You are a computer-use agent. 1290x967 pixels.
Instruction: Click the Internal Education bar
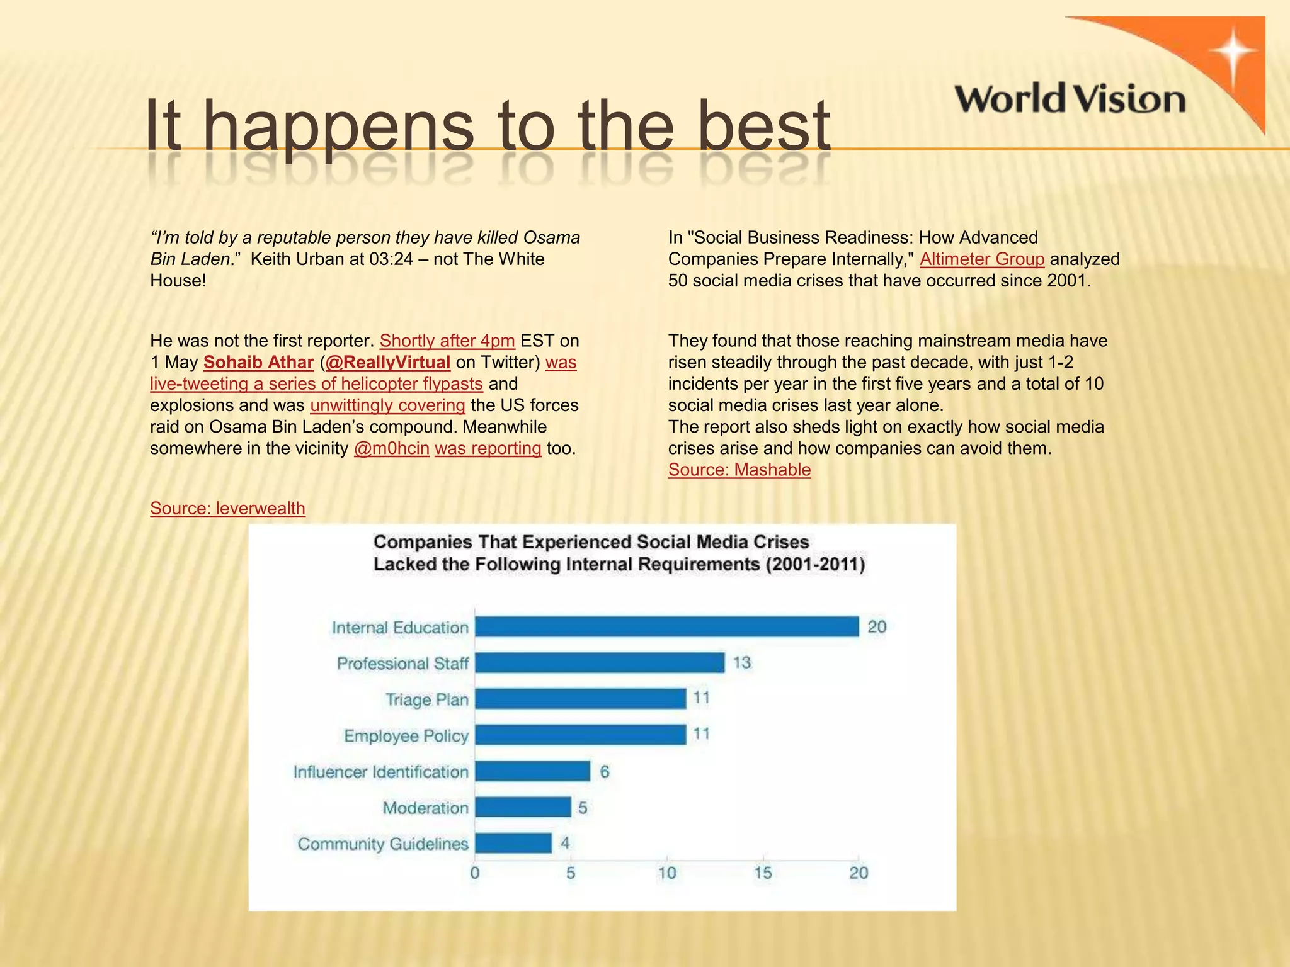(x=666, y=627)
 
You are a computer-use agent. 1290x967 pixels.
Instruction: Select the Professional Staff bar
(x=600, y=663)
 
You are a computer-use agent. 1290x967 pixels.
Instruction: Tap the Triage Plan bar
(x=580, y=699)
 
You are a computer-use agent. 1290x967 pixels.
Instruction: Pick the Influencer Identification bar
(x=532, y=771)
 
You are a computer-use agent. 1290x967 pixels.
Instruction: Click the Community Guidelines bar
(x=513, y=844)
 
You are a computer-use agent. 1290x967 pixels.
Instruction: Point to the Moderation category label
(x=426, y=808)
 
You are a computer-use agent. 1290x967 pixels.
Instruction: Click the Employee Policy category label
(x=406, y=736)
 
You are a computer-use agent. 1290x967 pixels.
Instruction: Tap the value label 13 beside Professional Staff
(x=741, y=663)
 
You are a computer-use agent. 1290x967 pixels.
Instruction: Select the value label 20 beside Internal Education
(x=877, y=627)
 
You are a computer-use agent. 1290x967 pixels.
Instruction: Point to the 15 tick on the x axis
(x=763, y=873)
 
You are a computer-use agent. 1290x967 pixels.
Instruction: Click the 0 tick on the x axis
(x=475, y=873)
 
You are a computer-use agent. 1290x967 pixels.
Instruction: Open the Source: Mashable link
(x=739, y=470)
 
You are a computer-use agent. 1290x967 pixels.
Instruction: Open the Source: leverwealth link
(x=227, y=508)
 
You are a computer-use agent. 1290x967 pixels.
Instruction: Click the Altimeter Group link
(x=982, y=259)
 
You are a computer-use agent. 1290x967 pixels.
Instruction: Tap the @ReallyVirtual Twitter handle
(x=387, y=363)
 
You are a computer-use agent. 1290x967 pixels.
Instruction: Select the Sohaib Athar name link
(x=258, y=363)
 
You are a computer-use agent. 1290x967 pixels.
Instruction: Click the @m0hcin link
(x=392, y=448)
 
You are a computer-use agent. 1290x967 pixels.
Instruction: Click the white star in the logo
(x=1233, y=53)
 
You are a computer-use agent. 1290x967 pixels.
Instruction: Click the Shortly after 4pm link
(x=447, y=341)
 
